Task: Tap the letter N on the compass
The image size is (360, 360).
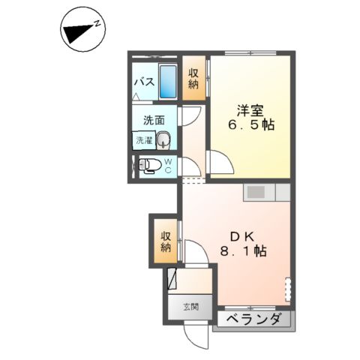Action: point(97,25)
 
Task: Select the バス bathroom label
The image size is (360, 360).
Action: point(144,81)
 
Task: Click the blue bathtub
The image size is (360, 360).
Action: point(168,82)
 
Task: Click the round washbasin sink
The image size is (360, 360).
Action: point(163,138)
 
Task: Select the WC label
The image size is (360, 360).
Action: point(168,165)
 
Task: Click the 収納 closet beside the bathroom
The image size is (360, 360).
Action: point(193,79)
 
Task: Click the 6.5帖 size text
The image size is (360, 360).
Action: point(251,125)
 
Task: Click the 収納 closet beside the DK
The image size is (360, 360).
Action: point(165,241)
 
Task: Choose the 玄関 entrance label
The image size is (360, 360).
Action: point(190,306)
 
